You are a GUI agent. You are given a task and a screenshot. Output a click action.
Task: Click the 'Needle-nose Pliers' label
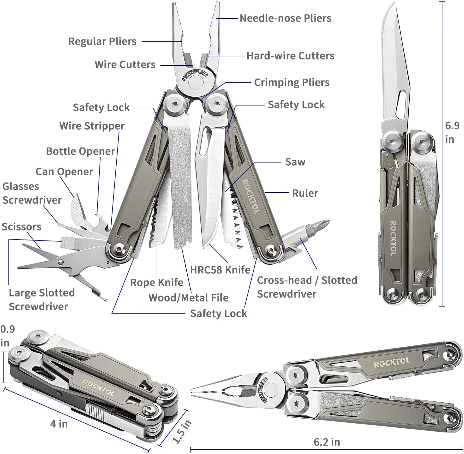[285, 18]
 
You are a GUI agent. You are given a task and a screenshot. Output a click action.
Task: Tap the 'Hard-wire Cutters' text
[290, 56]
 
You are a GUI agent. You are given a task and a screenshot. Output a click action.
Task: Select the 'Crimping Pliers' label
[292, 83]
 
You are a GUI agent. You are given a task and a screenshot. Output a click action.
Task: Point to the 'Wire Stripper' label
[92, 126]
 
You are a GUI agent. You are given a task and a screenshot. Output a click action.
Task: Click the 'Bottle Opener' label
[80, 152]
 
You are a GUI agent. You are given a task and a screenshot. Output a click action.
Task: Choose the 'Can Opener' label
[64, 172]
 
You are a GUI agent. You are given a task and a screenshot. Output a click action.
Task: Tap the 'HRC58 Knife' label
[220, 270]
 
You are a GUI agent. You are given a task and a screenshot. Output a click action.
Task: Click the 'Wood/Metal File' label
[188, 298]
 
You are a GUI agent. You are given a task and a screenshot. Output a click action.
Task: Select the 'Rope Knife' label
[157, 282]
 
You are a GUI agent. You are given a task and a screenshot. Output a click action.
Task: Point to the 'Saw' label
[295, 162]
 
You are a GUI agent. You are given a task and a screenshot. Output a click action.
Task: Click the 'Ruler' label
[305, 193]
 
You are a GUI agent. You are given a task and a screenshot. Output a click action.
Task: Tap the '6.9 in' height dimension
[452, 132]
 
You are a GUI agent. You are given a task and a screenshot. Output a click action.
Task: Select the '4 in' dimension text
[59, 424]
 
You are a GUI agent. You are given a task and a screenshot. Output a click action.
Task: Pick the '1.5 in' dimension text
[182, 432]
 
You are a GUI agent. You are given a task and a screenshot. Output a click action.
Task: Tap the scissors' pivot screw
[61, 262]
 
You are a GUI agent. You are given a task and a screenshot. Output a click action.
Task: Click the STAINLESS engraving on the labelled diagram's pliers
[195, 75]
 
